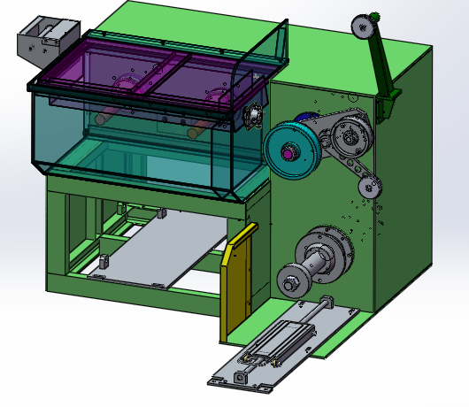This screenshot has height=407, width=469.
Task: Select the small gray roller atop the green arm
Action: tap(362, 28)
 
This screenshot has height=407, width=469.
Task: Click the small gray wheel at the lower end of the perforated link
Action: tap(369, 187)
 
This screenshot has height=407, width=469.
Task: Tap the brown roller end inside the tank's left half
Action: tap(101, 116)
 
